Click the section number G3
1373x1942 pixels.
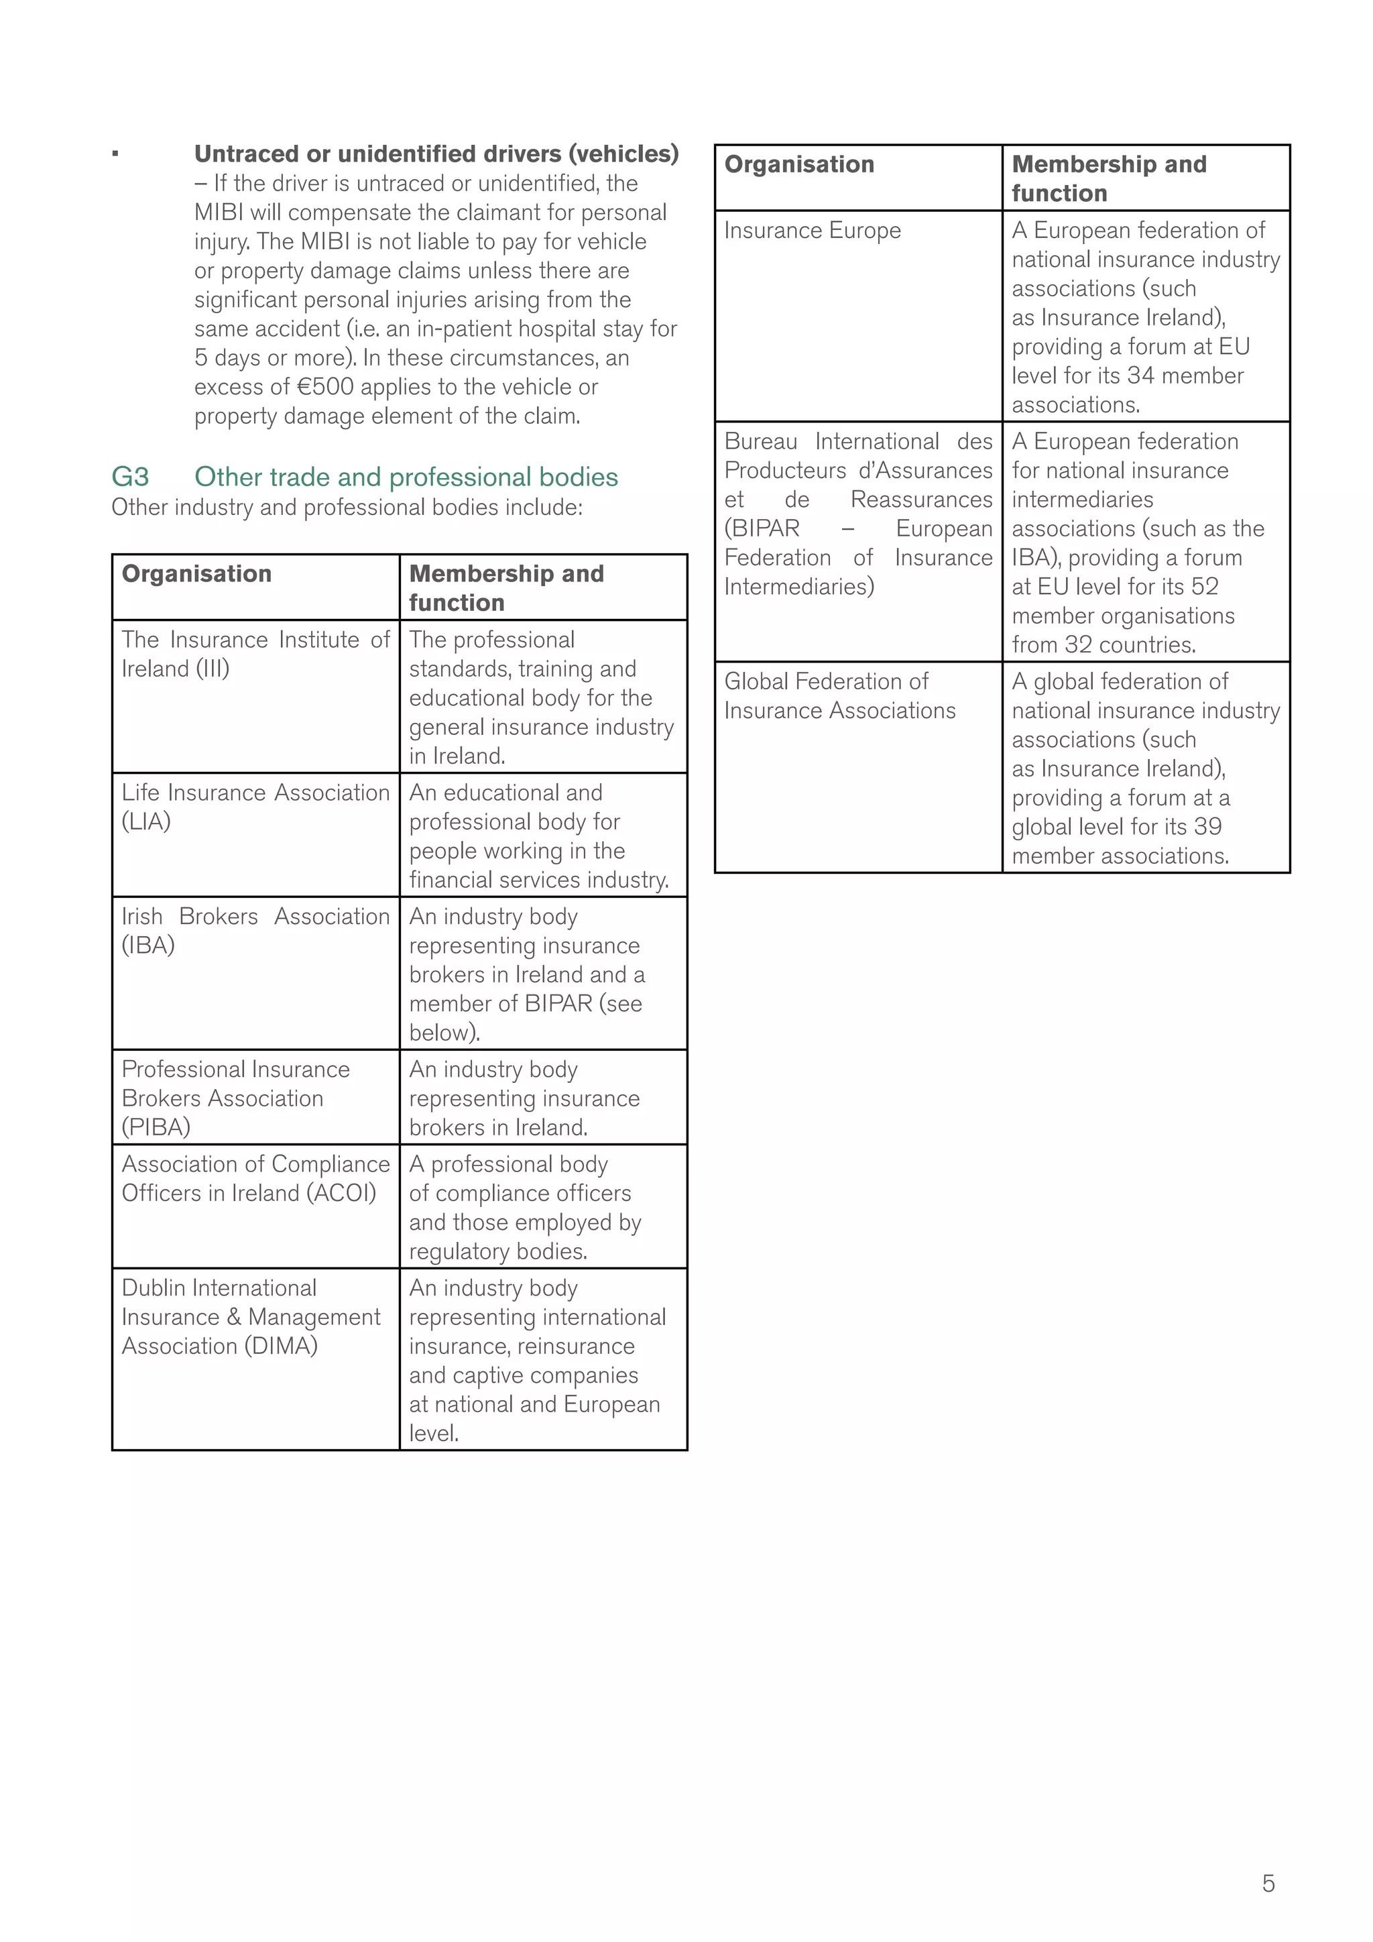coord(130,477)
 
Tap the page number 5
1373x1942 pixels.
coord(1268,1883)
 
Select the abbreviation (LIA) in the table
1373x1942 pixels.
coord(146,821)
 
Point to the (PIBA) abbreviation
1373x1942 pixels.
coord(156,1127)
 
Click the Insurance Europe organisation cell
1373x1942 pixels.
coord(813,230)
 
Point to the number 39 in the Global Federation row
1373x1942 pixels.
coord(1207,827)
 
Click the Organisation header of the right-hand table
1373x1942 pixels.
coord(799,164)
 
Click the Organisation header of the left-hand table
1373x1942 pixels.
coord(197,573)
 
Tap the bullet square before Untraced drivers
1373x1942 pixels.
coord(116,154)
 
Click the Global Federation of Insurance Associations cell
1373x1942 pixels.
coord(839,695)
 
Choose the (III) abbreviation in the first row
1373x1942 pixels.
coord(213,669)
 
